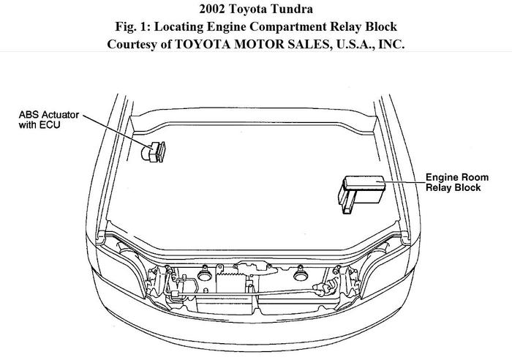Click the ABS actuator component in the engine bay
[153, 152]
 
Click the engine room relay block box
[361, 194]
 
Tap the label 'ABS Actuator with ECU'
[49, 119]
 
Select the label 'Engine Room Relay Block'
[457, 182]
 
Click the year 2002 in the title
[212, 9]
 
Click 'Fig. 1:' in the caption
[132, 26]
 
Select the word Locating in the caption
[178, 27]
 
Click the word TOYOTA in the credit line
[203, 44]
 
